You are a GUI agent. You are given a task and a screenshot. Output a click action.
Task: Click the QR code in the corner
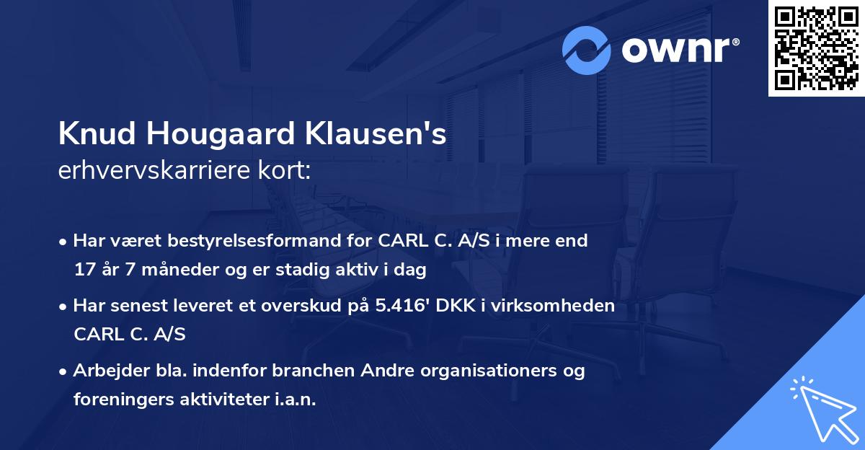(x=816, y=48)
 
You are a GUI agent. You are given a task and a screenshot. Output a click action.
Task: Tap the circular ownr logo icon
(x=587, y=50)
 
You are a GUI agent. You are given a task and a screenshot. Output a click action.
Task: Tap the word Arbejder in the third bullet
(x=105, y=371)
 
